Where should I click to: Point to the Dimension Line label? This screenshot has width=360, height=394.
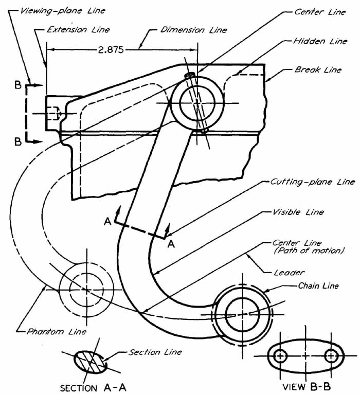click(187, 30)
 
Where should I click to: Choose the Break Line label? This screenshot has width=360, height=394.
click(318, 69)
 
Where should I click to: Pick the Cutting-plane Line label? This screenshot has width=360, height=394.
click(313, 182)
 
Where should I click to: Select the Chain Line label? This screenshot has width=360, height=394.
click(318, 286)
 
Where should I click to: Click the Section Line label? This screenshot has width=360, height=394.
click(155, 352)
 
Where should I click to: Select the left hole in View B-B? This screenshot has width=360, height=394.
click(281, 355)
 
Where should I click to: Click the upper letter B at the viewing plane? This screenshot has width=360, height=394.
click(18, 85)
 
